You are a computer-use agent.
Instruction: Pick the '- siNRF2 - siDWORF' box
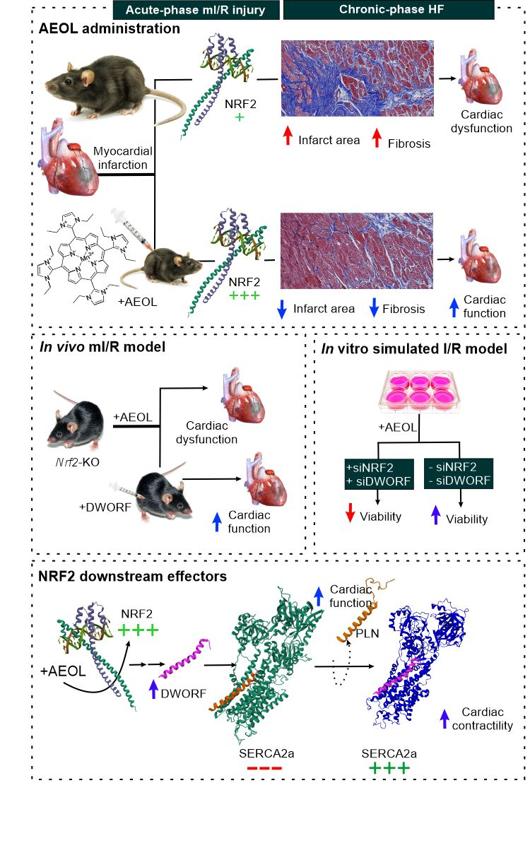pyautogui.click(x=460, y=473)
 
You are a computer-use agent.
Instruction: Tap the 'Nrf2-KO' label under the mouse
pyautogui.click(x=71, y=467)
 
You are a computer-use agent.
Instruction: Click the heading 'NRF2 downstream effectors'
pyautogui.click(x=132, y=577)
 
